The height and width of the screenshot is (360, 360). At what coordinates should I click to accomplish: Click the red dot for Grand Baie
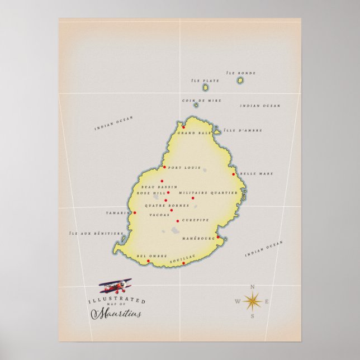(183, 127)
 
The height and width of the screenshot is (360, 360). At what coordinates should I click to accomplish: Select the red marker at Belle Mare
(233, 174)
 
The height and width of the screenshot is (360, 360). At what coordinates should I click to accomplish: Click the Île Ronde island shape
(240, 80)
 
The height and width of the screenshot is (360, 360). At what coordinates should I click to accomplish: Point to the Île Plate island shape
(206, 87)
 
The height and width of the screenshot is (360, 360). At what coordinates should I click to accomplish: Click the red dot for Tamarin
(135, 212)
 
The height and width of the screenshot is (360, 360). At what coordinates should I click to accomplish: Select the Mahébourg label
(198, 239)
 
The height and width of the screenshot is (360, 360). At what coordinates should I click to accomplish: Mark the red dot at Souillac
(183, 263)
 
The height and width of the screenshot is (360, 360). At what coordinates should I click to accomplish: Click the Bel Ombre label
(152, 255)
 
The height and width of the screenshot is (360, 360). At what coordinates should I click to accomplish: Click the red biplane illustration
(116, 287)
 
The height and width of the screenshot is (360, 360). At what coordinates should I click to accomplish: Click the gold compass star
(252, 302)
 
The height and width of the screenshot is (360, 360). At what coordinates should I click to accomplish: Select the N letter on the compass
(252, 287)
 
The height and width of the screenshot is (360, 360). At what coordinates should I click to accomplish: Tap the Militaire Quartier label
(201, 193)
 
